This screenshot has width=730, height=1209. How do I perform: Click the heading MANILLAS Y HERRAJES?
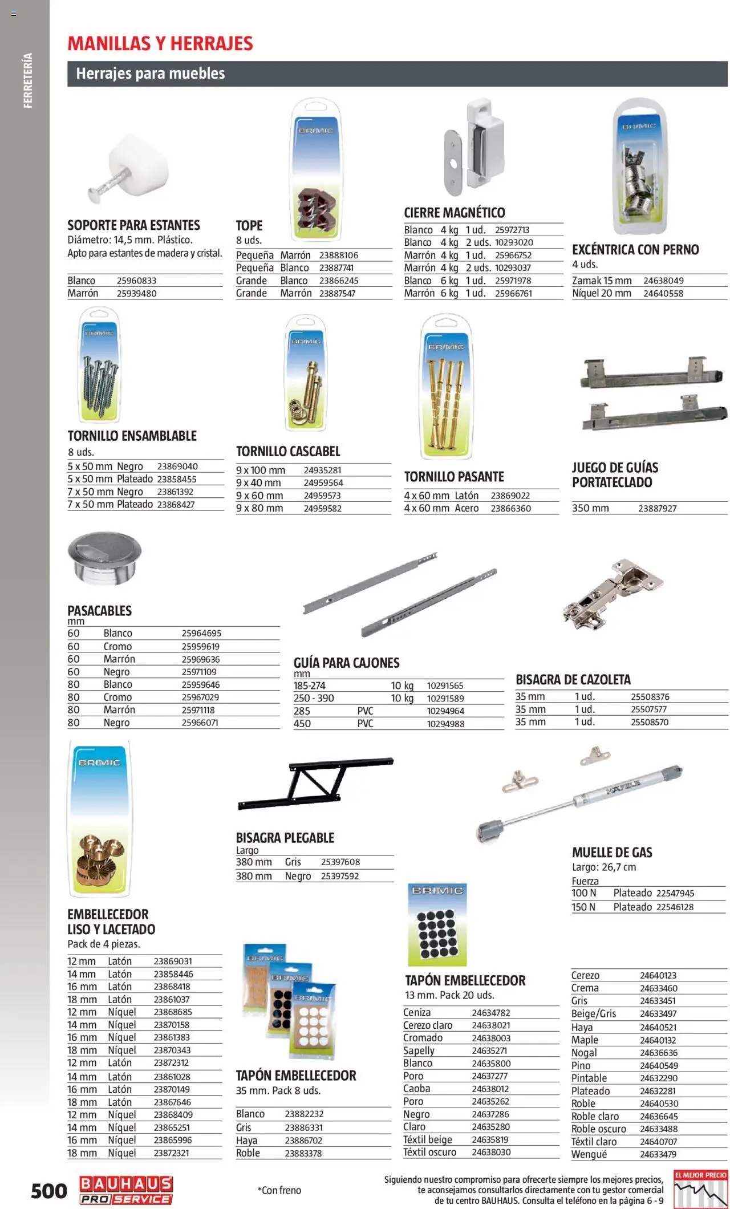coord(160,43)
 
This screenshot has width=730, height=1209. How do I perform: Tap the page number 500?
coord(49,1191)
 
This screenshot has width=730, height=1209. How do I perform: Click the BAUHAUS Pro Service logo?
coord(126,1190)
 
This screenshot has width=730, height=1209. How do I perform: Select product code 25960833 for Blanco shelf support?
coord(136,281)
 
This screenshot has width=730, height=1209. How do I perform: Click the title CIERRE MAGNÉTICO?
coord(455,213)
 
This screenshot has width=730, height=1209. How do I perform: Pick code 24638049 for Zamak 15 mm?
coord(663,281)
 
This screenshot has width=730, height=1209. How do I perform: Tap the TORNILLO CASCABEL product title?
coord(288,452)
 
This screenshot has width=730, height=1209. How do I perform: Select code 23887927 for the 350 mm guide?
coord(657,508)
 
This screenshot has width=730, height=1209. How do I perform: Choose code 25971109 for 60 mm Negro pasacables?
coord(199,672)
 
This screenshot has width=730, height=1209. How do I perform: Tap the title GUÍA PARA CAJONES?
coord(346,663)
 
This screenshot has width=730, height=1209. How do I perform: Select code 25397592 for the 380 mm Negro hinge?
coord(340,876)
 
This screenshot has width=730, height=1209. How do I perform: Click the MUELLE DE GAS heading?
coord(612,853)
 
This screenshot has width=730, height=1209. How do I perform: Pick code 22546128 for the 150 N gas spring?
coord(675,907)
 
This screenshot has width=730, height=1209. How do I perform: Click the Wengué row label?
coord(589,1154)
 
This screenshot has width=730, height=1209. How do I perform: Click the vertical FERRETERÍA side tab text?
coord(28,80)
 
